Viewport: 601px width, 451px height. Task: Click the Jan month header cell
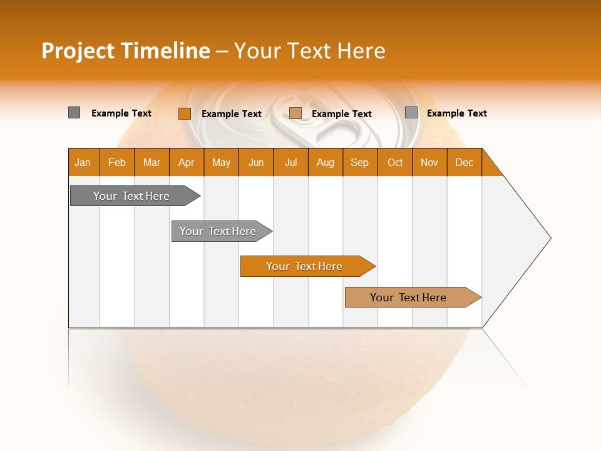tap(83, 162)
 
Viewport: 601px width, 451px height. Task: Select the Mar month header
tap(152, 162)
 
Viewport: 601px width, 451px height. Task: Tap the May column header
tap(221, 162)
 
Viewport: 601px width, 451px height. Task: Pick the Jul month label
tap(290, 162)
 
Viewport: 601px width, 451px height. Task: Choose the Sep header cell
tap(359, 162)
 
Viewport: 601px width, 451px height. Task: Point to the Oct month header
tap(394, 162)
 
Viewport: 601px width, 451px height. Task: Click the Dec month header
tap(464, 162)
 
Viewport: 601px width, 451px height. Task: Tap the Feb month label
tap(117, 162)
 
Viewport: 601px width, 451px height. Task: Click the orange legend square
tap(184, 113)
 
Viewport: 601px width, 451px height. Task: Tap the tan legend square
tap(295, 113)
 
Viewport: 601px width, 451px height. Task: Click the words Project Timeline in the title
tap(125, 51)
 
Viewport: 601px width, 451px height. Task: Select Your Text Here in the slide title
tap(309, 51)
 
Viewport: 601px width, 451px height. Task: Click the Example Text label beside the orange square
tap(231, 114)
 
